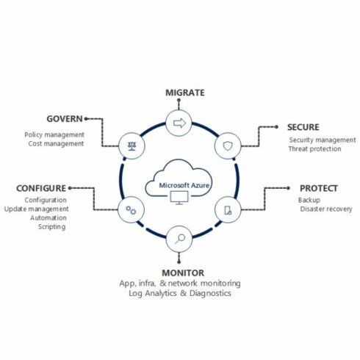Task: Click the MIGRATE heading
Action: tap(185, 93)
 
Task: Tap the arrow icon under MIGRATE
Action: tap(179, 123)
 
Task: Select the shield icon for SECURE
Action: tap(228, 146)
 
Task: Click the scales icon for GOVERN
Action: tap(132, 146)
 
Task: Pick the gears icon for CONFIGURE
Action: tap(131, 210)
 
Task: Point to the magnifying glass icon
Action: tap(180, 239)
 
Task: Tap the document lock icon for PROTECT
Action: tap(228, 210)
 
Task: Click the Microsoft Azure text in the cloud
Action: tap(184, 185)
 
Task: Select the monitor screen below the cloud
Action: tap(179, 198)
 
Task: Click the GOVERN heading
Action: tap(65, 119)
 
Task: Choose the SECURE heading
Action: tap(303, 127)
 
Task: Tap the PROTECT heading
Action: tap(319, 188)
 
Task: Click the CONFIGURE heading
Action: tap(41, 188)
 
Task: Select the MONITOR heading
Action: tap(183, 273)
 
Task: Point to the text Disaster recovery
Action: tap(326, 209)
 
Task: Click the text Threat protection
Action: tap(314, 148)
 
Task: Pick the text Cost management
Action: tap(56, 143)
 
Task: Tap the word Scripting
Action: tap(51, 227)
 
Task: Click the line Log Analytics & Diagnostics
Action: tap(180, 293)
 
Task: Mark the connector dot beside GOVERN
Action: tap(86, 119)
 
